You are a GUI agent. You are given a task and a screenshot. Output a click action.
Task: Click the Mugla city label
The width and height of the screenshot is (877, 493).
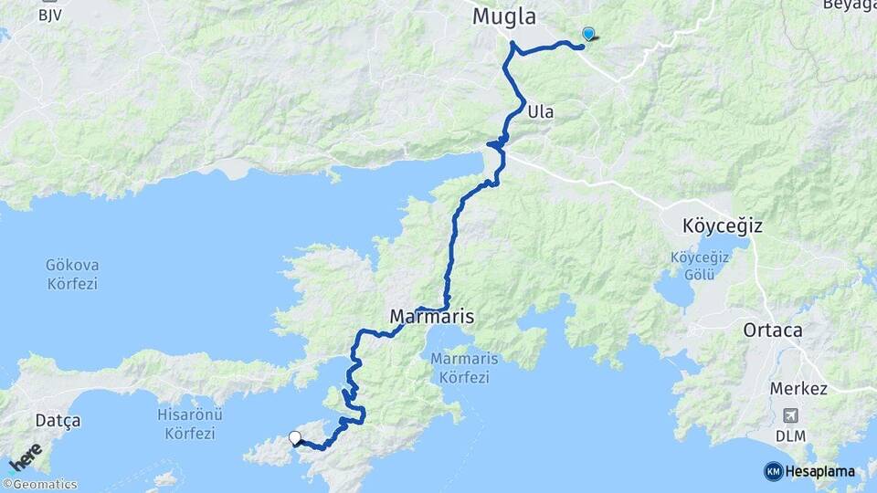(x=503, y=16)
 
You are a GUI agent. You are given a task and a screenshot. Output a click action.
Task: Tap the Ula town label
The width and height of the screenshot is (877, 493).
(x=540, y=112)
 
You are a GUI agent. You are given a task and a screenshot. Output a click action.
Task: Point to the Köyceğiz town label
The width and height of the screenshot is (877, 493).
(x=722, y=225)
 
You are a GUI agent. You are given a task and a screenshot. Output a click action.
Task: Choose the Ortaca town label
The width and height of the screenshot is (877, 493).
(x=773, y=330)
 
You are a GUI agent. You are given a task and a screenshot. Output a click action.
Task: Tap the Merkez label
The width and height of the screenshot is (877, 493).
(x=798, y=389)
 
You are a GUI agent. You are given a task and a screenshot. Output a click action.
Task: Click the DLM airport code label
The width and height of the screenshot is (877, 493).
(x=791, y=435)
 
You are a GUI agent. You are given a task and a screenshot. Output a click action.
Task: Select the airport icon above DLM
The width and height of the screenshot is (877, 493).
(x=791, y=416)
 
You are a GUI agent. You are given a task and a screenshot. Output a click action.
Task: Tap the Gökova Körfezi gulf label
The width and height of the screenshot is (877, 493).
(x=71, y=274)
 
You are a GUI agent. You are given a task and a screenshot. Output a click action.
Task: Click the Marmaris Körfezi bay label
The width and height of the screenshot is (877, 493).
(x=464, y=367)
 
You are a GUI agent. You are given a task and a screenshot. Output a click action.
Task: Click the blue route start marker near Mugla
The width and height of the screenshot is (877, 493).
(x=588, y=35)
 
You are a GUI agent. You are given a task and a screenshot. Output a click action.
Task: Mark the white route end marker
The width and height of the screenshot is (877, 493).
(x=295, y=437)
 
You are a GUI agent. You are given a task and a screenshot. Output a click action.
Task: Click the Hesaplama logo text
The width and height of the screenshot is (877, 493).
(x=821, y=472)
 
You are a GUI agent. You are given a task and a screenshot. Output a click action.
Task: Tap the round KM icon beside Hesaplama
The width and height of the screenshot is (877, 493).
(x=774, y=471)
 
